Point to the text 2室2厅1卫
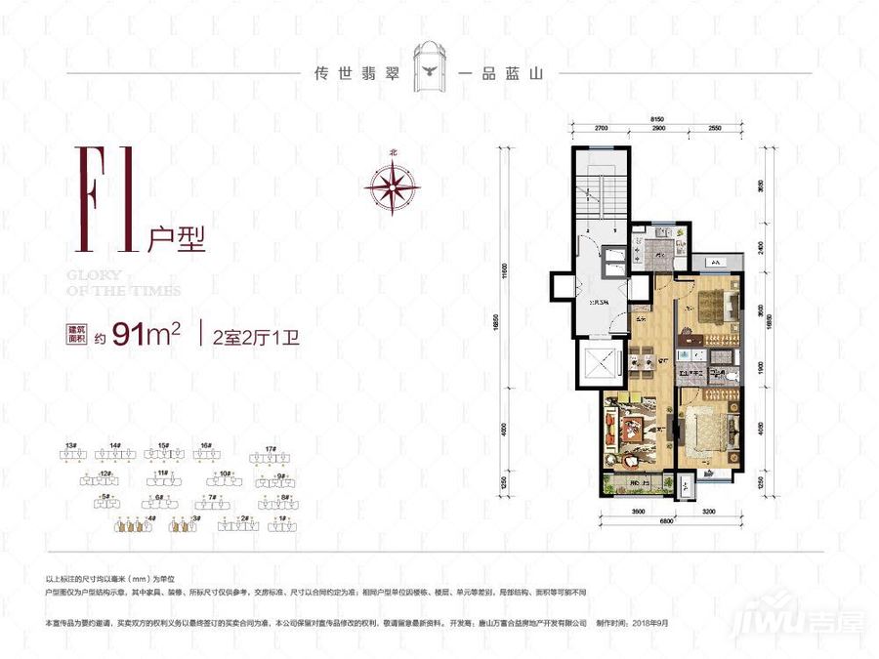[242, 335]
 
